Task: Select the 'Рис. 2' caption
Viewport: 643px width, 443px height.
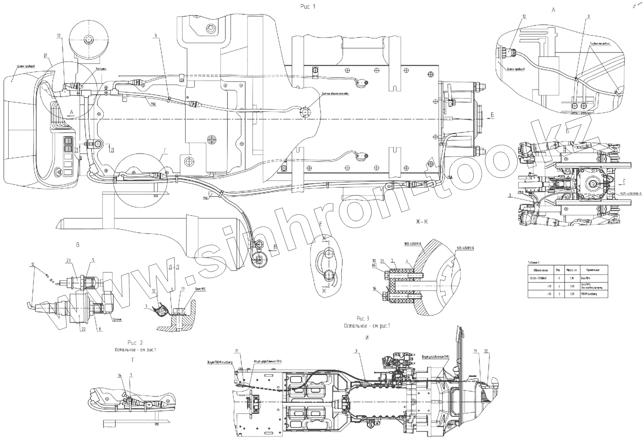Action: (x=135, y=342)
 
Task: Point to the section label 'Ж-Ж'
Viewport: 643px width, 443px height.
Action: (x=422, y=222)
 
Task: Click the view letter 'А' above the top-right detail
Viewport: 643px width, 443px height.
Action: (x=553, y=10)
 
